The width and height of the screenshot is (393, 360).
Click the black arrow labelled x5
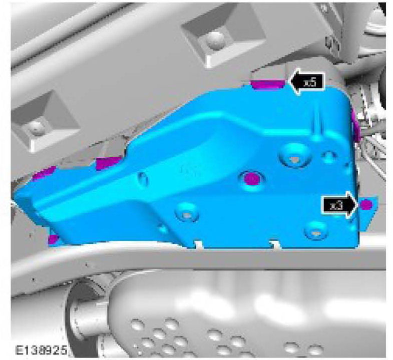pyautogui.click(x=306, y=82)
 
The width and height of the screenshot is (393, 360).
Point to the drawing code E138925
pyautogui.click(x=41, y=350)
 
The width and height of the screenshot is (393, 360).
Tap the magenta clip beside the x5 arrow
pyautogui.click(x=268, y=84)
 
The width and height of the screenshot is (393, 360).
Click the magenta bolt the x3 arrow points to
pyautogui.click(x=366, y=204)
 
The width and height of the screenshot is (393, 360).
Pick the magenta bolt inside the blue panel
pyautogui.click(x=251, y=179)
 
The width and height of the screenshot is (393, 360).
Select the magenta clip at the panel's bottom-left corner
pyautogui.click(x=52, y=239)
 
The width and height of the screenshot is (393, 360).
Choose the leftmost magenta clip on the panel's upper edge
pyautogui.click(x=44, y=172)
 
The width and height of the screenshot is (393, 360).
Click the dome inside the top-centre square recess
pyautogui.click(x=216, y=39)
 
